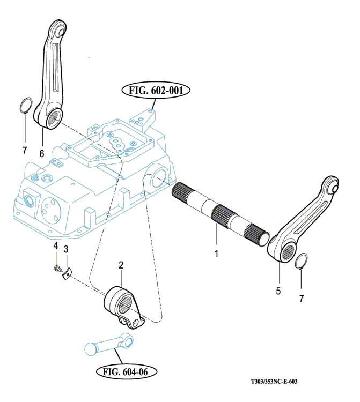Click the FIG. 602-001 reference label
click(x=156, y=91)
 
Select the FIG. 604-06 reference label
click(x=127, y=371)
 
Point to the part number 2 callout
click(x=121, y=265)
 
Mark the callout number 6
click(x=41, y=153)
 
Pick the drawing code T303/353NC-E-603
click(x=274, y=382)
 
